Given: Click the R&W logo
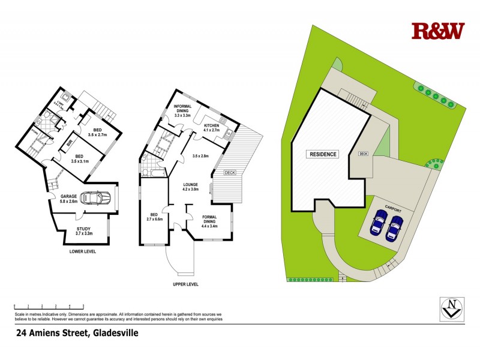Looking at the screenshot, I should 438,31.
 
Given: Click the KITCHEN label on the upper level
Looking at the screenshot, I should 215,127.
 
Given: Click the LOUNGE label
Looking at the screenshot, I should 190,187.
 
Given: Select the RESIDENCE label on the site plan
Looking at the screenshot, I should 323,154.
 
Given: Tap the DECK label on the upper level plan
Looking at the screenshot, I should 230,173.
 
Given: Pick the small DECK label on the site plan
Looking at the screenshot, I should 362,154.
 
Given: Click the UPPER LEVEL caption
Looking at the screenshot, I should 186,284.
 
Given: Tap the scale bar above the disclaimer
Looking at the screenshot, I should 48,307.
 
